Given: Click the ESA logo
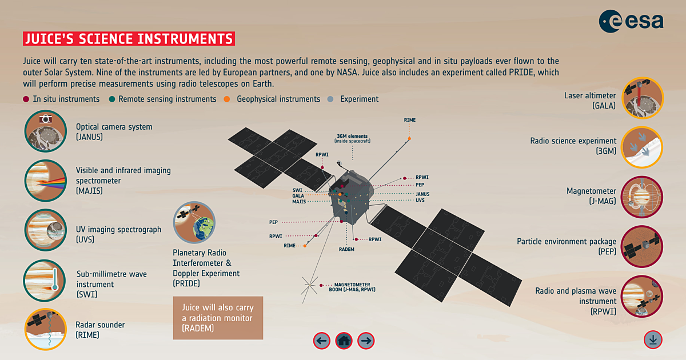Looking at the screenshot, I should click(x=631, y=21).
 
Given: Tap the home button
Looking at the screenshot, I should click(x=344, y=341).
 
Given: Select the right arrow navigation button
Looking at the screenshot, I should click(x=366, y=341).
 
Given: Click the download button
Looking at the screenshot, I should click(x=653, y=339).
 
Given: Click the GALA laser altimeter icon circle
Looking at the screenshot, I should click(x=642, y=98).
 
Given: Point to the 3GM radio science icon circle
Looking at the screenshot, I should click(x=642, y=147).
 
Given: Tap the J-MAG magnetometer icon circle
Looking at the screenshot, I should click(x=642, y=197).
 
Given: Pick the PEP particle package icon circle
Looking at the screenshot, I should click(x=642, y=247).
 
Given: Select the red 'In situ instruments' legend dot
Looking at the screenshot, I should click(x=26, y=99).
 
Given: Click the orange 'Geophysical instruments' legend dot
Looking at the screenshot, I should click(x=227, y=99).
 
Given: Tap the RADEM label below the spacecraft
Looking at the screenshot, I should click(x=347, y=249).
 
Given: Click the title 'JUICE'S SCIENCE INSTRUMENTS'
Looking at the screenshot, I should click(x=129, y=39).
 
